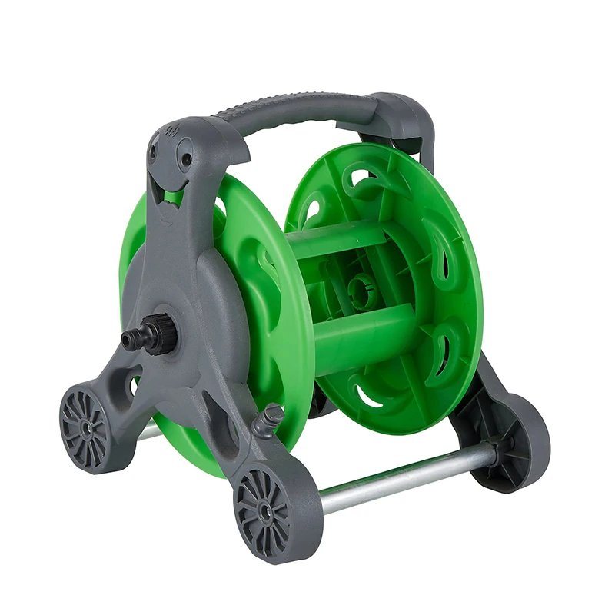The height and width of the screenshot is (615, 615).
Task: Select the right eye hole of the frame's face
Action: [x=186, y=160]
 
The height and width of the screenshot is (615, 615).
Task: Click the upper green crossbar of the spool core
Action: [x=338, y=240]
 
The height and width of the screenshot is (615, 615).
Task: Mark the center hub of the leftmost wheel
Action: [x=85, y=424]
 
